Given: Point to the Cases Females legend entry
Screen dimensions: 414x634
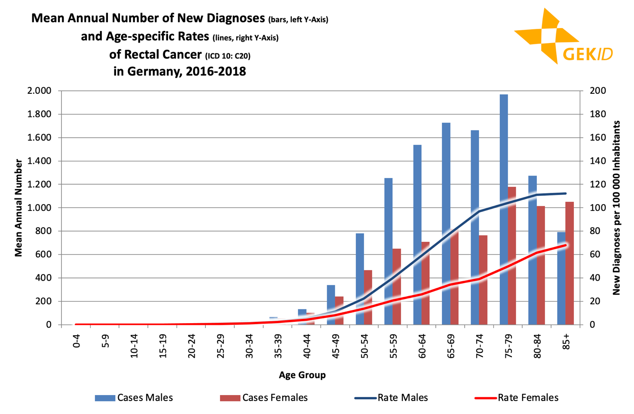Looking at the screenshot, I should (264, 398).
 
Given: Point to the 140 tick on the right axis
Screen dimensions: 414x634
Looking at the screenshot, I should (598, 161).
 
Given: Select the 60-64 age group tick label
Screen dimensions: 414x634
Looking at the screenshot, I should (422, 346).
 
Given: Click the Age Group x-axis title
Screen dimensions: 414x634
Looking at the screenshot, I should (302, 375).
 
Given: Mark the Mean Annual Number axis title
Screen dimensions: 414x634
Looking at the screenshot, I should (18, 208).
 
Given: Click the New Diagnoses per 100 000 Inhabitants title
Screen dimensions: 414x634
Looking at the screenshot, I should (616, 208).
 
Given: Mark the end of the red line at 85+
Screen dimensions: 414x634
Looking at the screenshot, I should (566, 245).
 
